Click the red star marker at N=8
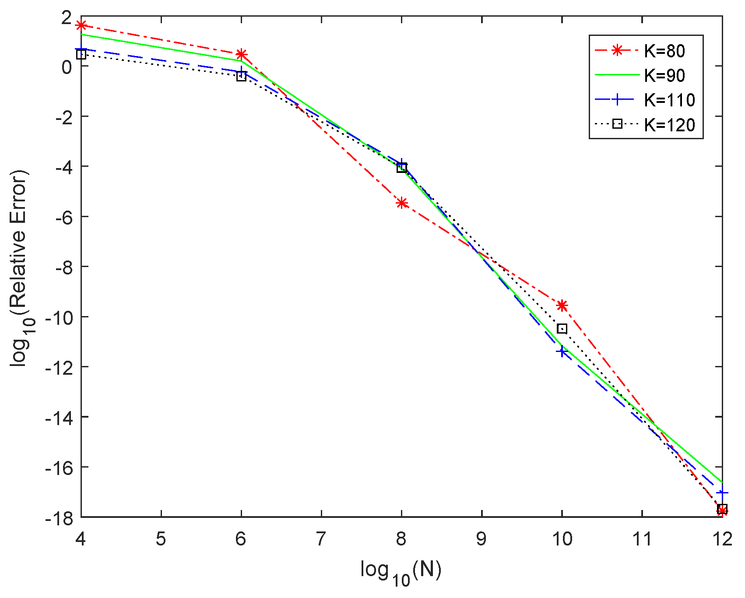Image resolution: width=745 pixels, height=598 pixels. click(402, 203)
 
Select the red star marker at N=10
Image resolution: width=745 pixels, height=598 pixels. click(562, 305)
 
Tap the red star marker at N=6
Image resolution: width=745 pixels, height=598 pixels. click(241, 54)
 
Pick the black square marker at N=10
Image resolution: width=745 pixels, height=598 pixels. click(562, 329)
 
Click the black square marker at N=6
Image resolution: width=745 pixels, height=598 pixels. click(241, 76)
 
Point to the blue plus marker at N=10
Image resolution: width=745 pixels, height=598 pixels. click(562, 351)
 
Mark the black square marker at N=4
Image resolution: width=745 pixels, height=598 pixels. click(81, 54)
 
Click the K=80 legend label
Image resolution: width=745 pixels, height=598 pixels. click(664, 51)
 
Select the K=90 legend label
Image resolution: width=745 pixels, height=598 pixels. click(664, 76)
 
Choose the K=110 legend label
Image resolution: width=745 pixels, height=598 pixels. click(669, 100)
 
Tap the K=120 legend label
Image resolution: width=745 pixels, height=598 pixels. click(669, 125)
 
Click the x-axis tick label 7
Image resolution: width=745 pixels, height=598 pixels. click(321, 539)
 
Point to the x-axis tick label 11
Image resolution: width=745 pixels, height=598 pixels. click(642, 539)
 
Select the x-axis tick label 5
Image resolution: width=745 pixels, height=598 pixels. click(161, 539)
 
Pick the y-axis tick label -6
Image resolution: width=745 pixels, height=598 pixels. click(63, 217)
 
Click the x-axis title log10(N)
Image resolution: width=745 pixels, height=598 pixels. click(401, 572)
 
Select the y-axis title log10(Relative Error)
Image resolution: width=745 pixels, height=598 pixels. click(21, 267)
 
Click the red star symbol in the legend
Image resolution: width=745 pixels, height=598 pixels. click(617, 51)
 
